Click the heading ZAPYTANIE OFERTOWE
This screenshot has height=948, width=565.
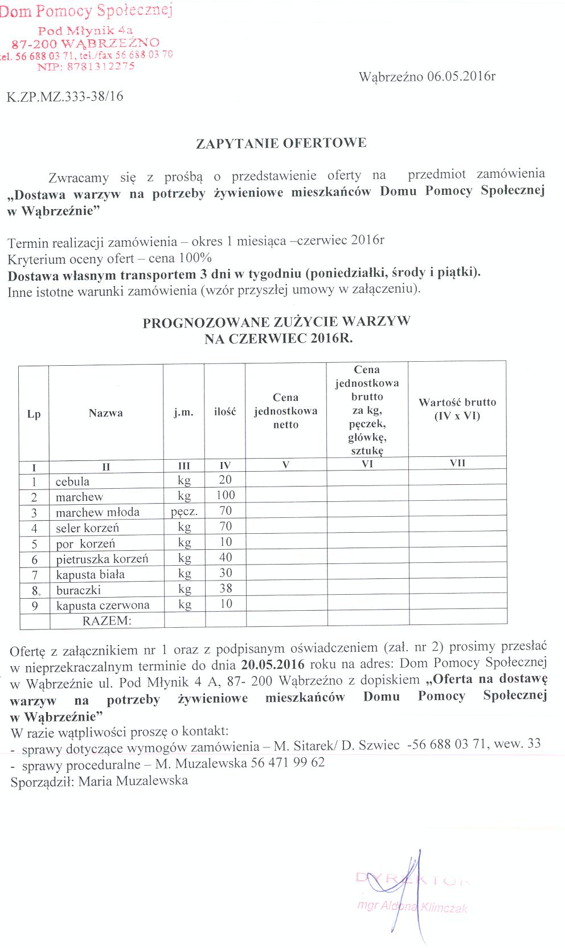[281, 143]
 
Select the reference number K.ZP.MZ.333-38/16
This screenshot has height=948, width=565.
[65, 96]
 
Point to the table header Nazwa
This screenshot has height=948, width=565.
[105, 413]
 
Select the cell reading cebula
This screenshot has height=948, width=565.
[72, 481]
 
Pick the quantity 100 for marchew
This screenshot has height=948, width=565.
[225, 495]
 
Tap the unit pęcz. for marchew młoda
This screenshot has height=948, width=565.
[184, 511]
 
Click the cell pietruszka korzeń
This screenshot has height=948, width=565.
[102, 559]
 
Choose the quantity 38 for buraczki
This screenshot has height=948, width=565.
[226, 588]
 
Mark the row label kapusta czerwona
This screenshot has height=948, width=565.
[103, 605]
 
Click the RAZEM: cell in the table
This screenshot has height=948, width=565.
[107, 620]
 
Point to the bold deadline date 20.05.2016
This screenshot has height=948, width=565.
[272, 664]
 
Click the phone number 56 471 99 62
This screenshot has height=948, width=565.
[288, 762]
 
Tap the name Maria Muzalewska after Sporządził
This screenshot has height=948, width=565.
[133, 781]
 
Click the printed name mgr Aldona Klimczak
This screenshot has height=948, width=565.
[412, 906]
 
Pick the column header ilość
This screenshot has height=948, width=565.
[225, 411]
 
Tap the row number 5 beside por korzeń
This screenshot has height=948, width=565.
[34, 543]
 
